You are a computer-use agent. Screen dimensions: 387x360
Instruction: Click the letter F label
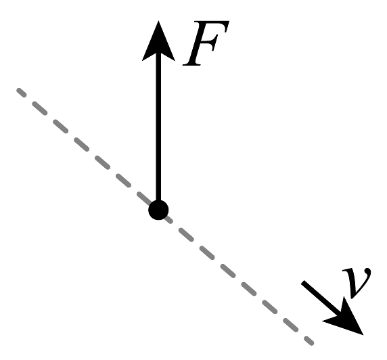(x=206, y=43)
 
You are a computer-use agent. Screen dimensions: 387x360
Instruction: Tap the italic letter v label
(x=357, y=283)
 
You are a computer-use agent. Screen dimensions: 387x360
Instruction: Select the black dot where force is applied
(x=158, y=210)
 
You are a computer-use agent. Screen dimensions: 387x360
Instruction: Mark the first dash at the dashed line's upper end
(x=22, y=93)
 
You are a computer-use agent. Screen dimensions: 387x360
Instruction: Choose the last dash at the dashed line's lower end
(x=309, y=341)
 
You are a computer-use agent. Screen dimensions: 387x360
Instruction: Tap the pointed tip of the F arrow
(x=158, y=21)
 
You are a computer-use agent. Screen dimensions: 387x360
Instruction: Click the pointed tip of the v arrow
(x=363, y=335)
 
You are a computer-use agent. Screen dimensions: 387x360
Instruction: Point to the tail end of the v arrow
(x=303, y=283)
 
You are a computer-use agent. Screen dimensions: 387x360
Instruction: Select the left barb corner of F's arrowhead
(x=142, y=60)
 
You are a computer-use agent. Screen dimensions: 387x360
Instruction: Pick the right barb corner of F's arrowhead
(x=175, y=60)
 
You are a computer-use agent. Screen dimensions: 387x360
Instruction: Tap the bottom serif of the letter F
(x=191, y=64)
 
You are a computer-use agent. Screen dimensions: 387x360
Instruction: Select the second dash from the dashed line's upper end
(x=40, y=108)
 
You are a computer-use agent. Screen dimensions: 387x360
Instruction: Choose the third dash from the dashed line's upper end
(x=61, y=126)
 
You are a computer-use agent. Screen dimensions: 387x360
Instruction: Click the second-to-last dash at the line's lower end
(x=290, y=325)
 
